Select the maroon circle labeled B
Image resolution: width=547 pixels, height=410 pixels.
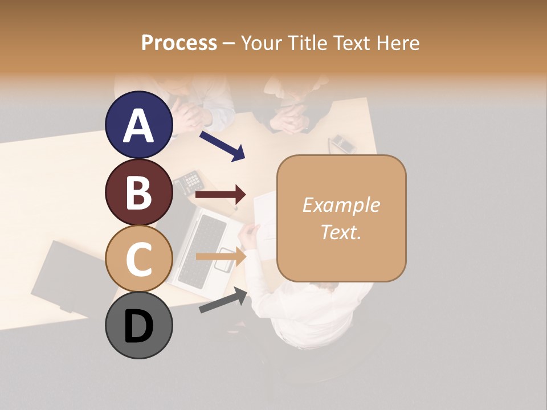click(x=138, y=192)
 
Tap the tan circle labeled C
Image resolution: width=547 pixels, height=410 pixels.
click(x=138, y=259)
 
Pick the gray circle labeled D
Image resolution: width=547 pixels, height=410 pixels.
click(x=138, y=325)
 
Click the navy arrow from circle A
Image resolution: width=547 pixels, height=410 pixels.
click(x=222, y=146)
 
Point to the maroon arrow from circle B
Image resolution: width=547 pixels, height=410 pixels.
click(x=221, y=195)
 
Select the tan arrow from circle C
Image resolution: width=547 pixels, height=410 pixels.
click(x=221, y=257)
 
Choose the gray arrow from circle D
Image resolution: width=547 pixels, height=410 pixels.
click(x=223, y=300)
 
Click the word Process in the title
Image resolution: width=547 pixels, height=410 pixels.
click(x=179, y=43)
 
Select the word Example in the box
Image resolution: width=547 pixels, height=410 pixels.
click(x=341, y=205)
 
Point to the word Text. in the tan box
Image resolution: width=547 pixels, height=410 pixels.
click(x=341, y=232)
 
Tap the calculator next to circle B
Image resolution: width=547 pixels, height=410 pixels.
click(x=189, y=182)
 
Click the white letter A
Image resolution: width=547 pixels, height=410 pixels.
click(x=138, y=125)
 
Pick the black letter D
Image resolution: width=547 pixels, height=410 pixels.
click(x=138, y=326)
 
